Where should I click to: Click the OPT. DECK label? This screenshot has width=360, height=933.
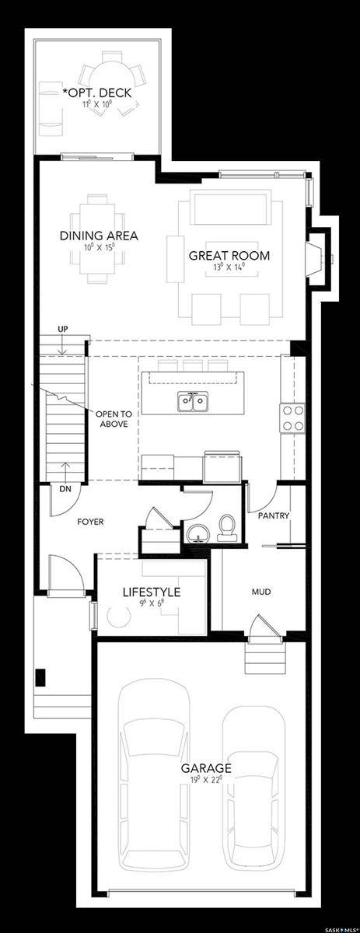pos(97,93)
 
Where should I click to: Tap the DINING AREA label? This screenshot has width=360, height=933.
pos(99,236)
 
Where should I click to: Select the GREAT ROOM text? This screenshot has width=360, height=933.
pos(229,255)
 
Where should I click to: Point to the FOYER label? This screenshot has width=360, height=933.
pos(89,522)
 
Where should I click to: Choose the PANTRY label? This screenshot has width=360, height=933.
pos(274,515)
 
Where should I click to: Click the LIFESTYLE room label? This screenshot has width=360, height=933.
pos(152,592)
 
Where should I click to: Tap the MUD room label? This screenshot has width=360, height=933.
pos(260,592)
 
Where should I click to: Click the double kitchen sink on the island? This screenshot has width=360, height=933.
pos(192,403)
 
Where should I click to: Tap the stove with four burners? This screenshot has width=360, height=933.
pos(292,418)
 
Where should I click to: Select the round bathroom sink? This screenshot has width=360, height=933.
pos(197,532)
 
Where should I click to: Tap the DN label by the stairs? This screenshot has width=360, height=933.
pos(65,489)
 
